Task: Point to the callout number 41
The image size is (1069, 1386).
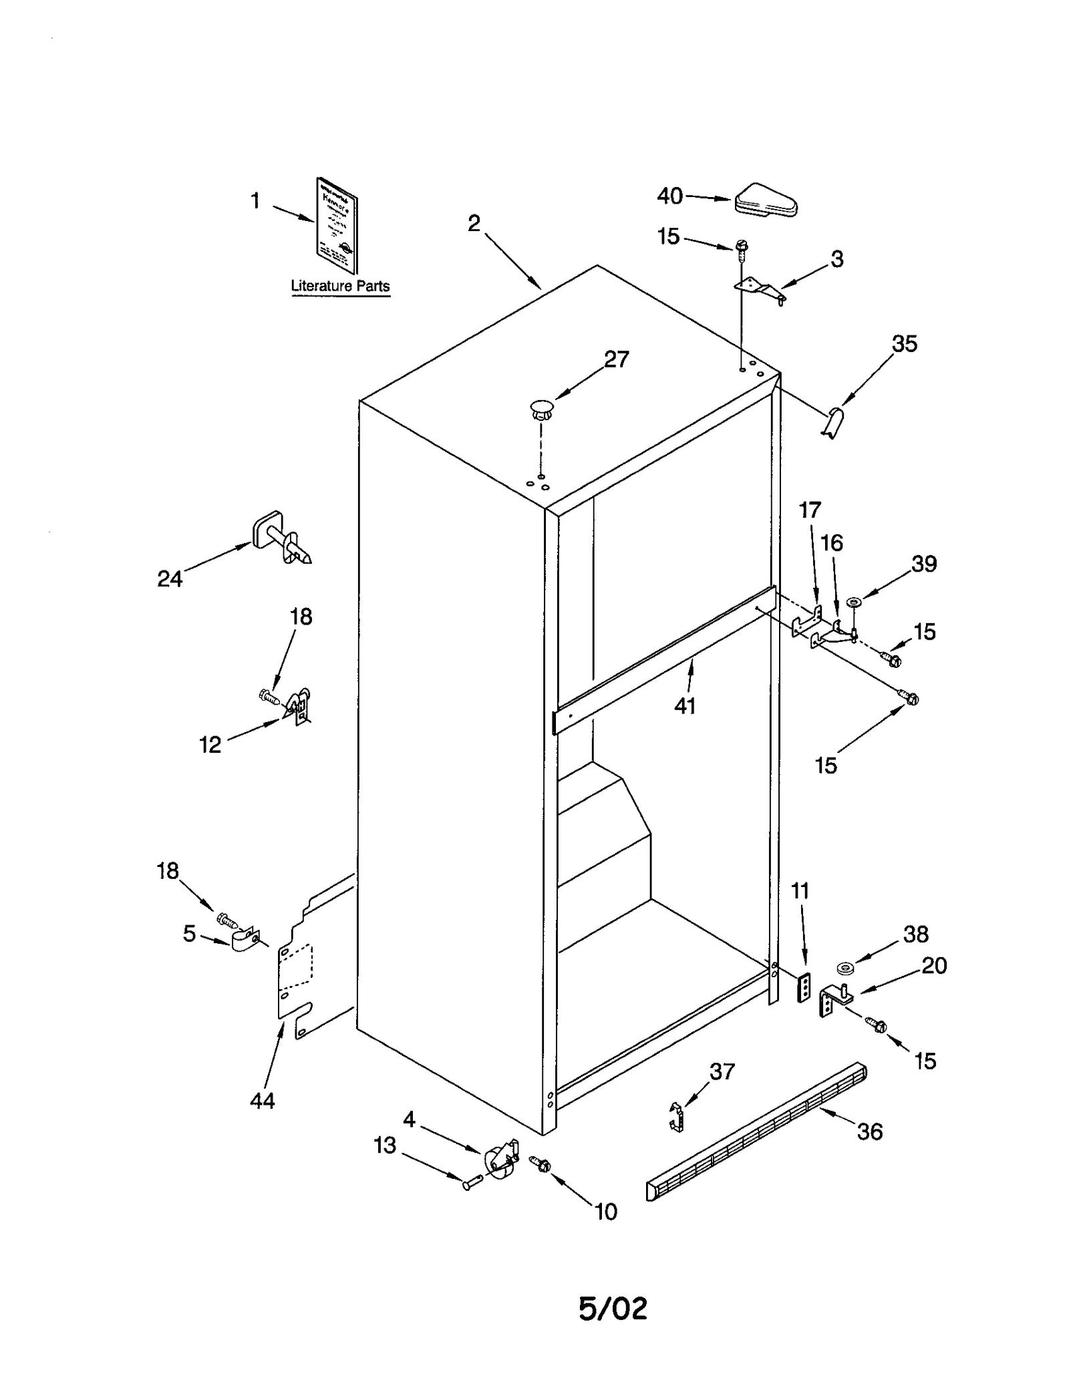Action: click(685, 706)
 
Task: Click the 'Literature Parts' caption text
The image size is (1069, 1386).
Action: click(340, 286)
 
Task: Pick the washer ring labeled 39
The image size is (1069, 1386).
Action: click(853, 602)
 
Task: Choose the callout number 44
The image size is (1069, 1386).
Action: click(262, 1100)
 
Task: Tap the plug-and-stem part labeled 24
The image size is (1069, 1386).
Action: click(281, 538)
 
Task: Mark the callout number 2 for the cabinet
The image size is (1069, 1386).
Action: click(474, 224)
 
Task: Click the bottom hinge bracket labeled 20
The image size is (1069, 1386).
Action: click(834, 999)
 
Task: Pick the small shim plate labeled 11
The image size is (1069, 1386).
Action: click(805, 987)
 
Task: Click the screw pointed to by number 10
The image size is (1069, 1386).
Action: click(540, 1164)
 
